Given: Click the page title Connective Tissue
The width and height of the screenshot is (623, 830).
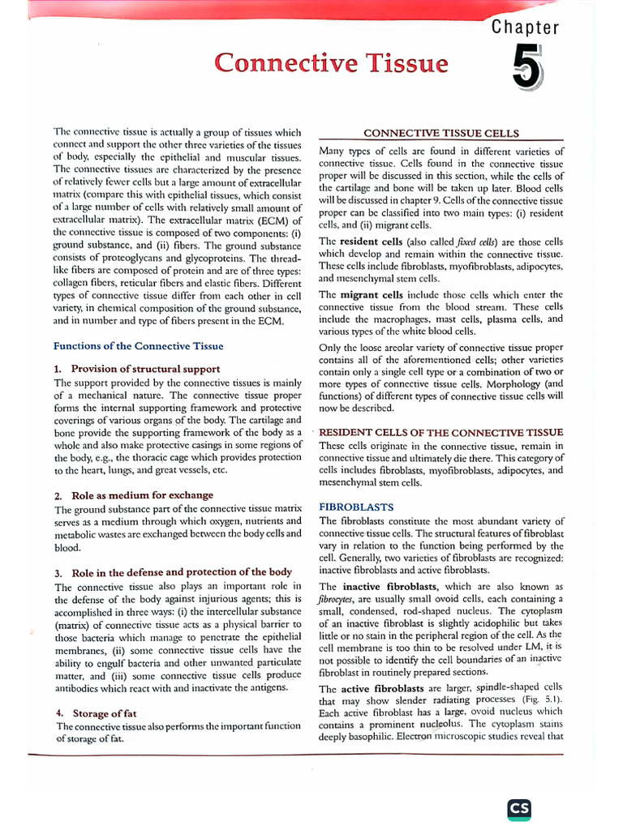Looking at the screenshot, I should [330, 62].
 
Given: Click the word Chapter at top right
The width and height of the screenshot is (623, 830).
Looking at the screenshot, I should [526, 28].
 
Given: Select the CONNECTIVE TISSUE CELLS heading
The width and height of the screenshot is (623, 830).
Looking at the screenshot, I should [441, 133].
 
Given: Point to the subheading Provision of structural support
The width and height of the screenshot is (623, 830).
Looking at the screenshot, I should [145, 369].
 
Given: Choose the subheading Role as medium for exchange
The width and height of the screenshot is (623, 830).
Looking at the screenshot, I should [146, 495].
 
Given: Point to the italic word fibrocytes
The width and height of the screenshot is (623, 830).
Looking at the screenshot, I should [340, 599].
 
